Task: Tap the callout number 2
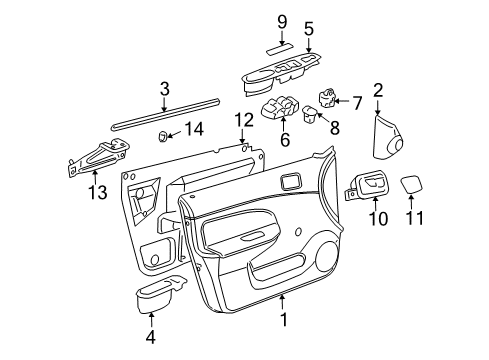coord(378,92)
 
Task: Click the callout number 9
coord(282,21)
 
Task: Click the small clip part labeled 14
coord(162,134)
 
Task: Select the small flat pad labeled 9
coord(279,47)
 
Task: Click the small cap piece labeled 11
coord(411,183)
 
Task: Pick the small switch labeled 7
coord(328,100)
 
